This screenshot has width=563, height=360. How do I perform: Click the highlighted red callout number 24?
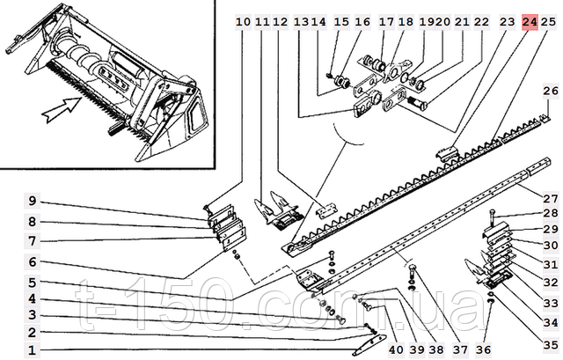point(530,21)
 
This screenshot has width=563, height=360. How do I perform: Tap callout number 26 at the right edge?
point(551,91)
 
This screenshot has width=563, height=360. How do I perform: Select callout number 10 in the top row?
point(243,21)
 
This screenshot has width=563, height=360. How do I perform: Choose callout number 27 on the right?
point(551,198)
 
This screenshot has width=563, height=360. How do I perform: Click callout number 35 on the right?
point(551,344)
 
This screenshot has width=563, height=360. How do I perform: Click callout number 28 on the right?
point(551,213)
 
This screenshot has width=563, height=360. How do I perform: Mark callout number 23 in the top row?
point(508,21)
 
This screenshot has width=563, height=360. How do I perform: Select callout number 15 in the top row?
point(341,21)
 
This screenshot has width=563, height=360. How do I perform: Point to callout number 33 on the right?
point(551,303)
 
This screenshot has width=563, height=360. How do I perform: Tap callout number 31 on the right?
point(551,265)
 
